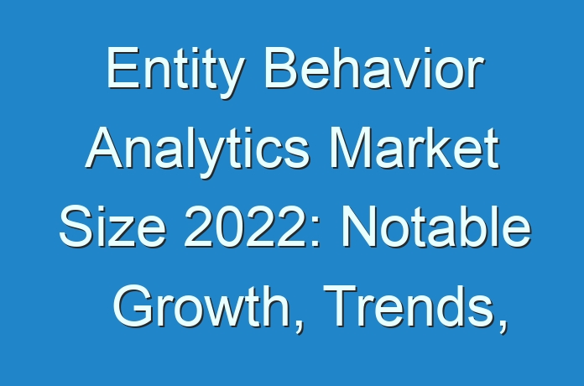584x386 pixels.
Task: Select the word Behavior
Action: coord(375,68)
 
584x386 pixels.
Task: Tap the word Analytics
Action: coord(197,152)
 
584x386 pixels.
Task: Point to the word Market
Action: coord(415,148)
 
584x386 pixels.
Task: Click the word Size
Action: coord(112,227)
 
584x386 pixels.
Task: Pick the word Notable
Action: coord(436,227)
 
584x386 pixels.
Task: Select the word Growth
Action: coord(202,306)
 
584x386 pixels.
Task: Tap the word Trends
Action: coord(409,306)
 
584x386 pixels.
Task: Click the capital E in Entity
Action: coord(123,68)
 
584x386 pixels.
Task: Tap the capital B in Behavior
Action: coord(282,68)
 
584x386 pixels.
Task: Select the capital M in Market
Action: coord(350,148)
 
